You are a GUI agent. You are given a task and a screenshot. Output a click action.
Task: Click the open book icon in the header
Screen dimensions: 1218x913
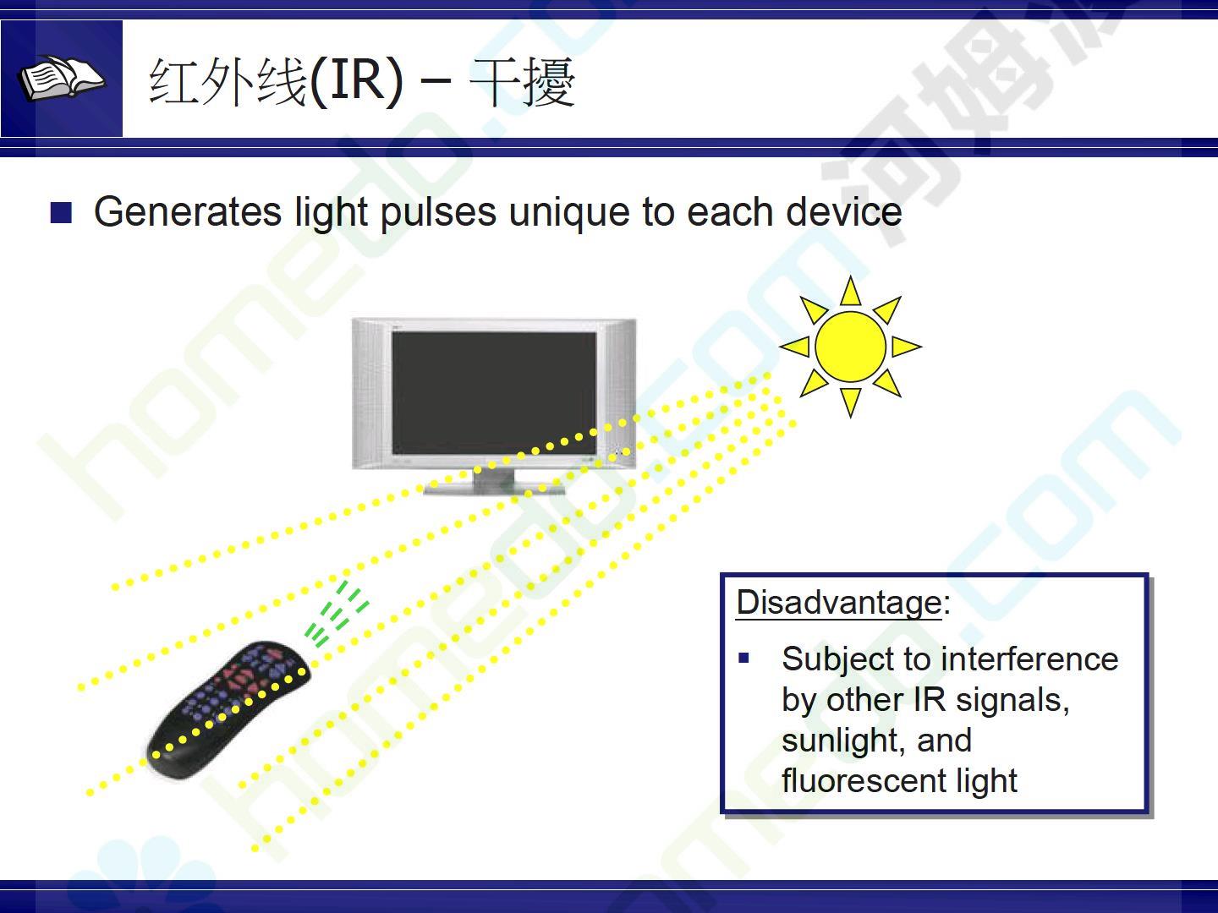[x=61, y=79]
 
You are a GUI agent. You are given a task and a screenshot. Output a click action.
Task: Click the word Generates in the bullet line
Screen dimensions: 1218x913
[x=188, y=211]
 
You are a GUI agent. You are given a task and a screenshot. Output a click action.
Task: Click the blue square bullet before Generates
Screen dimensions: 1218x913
[x=61, y=212]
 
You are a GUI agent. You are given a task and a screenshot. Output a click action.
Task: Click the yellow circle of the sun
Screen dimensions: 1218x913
[x=850, y=347]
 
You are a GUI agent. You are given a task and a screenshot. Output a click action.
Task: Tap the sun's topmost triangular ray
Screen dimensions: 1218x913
[x=850, y=292]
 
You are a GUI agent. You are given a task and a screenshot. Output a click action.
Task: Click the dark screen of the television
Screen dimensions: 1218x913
[x=494, y=393]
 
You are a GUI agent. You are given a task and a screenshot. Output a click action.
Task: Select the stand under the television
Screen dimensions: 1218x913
[x=494, y=481]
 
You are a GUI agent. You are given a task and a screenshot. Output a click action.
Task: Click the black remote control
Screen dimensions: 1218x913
[x=228, y=709]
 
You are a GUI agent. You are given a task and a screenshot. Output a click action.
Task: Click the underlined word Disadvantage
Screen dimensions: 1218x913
[x=838, y=602]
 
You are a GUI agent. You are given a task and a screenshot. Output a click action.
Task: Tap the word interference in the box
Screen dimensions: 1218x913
[x=1029, y=659]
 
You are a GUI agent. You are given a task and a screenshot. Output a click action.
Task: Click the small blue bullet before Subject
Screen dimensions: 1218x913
[x=743, y=659]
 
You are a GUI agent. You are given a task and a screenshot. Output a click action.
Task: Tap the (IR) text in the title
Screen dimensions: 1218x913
[x=356, y=82]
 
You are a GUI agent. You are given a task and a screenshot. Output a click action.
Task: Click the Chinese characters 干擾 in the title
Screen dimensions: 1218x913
[x=522, y=82]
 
